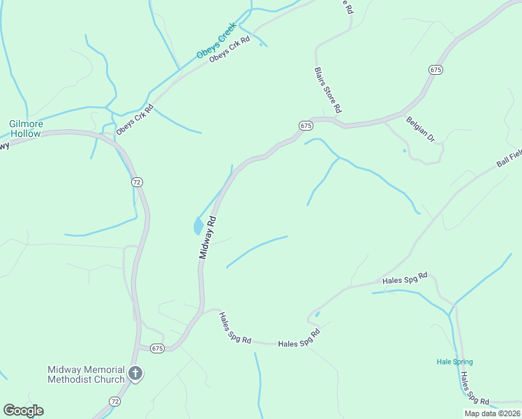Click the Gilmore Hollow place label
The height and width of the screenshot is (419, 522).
click(x=26, y=128)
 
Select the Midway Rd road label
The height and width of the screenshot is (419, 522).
click(x=207, y=237)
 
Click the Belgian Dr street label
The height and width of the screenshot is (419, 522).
click(x=420, y=129)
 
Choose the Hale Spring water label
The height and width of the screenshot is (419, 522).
click(x=454, y=362)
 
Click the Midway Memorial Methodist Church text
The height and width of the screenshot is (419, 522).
click(x=86, y=374)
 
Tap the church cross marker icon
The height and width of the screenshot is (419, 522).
click(x=135, y=374)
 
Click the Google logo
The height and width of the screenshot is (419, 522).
click(x=23, y=411)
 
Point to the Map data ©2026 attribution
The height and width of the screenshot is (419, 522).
click(x=492, y=413)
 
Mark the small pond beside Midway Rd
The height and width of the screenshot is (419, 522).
click(x=198, y=226)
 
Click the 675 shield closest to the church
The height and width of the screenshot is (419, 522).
click(x=156, y=348)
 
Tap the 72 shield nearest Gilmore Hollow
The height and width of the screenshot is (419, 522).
click(x=137, y=182)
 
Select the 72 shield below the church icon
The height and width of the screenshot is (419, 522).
click(x=114, y=402)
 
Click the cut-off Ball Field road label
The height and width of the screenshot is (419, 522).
click(x=509, y=159)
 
